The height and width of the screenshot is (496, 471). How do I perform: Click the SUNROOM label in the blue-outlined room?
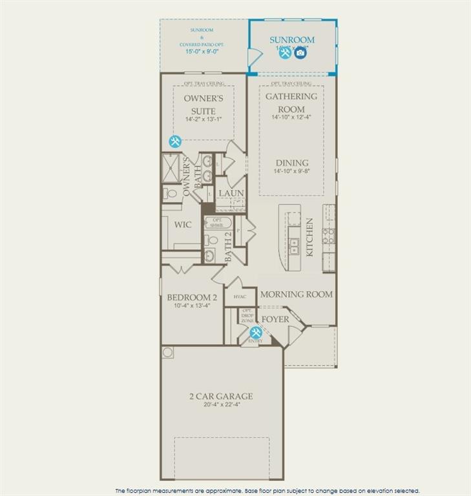coord(292,40)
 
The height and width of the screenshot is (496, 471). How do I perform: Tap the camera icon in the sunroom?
coord(300,53)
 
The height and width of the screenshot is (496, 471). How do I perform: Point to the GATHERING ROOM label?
coord(291,103)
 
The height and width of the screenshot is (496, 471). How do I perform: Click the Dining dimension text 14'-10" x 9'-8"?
coord(291,172)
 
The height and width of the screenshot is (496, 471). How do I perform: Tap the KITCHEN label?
coord(309,237)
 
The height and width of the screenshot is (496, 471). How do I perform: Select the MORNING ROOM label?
coord(297,294)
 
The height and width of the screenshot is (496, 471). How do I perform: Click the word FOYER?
coord(275,320)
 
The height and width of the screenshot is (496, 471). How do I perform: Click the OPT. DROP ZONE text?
coord(247,316)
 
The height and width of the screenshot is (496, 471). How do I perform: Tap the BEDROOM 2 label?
coord(192,298)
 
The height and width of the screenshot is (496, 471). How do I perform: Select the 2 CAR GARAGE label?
coord(220,396)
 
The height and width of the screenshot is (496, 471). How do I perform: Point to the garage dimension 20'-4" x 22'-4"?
coord(220,406)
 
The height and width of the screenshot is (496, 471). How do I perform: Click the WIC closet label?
coord(183,225)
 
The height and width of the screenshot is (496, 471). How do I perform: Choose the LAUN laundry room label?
coord(231,193)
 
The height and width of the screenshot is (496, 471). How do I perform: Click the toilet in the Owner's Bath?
coord(171,192)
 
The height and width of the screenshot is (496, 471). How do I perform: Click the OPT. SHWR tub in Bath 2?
coord(215,223)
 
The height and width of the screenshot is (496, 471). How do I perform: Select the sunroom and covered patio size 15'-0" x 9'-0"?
coord(204,51)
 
